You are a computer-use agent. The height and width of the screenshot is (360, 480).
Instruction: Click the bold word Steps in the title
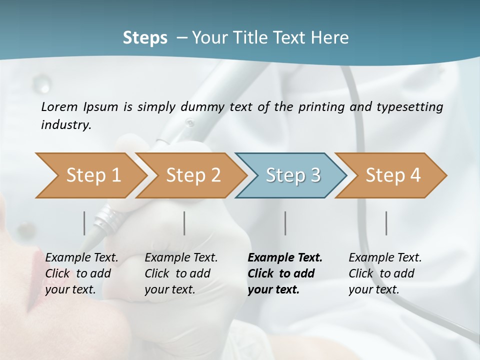pos(145,38)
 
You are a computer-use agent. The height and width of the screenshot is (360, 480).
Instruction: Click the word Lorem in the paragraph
pos(59,106)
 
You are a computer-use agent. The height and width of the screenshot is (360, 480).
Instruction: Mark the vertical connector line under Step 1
pos(84,223)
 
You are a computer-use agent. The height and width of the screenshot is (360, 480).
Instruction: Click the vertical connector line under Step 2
pos(184,223)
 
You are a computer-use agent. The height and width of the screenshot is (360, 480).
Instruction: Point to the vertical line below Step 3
pos(285,223)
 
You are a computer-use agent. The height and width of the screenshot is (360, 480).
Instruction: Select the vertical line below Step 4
pos(386,223)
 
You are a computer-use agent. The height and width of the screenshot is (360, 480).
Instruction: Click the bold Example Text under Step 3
pos(285,258)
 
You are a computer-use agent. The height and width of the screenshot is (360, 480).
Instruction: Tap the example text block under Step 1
pos(81,273)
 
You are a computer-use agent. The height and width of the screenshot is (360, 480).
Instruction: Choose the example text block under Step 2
pos(181,273)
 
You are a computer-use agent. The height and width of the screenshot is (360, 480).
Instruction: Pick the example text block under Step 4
pos(385,273)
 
